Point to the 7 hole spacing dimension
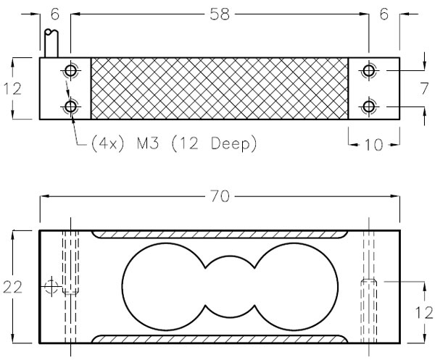click(x=425, y=88)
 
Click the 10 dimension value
click(x=373, y=144)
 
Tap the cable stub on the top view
click(x=51, y=43)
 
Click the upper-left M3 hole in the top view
click(x=71, y=70)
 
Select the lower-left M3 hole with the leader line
click(x=71, y=107)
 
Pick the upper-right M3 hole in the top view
click(x=369, y=70)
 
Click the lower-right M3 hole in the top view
click(x=369, y=107)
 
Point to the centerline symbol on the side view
click(x=51, y=288)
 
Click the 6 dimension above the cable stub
click(x=54, y=14)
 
